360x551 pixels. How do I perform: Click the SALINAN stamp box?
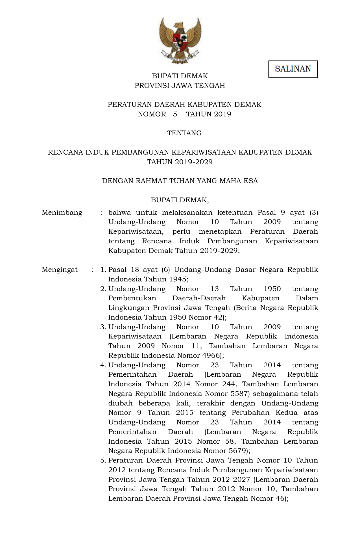click(x=293, y=69)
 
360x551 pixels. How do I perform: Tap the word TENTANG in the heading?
click(x=184, y=133)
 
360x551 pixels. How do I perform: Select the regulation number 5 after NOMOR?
click(x=175, y=114)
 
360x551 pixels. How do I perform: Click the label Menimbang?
click(x=62, y=212)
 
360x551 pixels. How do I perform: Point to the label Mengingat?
click(x=60, y=270)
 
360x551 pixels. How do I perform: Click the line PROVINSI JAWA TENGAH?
click(x=180, y=86)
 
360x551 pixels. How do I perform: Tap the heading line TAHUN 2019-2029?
click(x=180, y=162)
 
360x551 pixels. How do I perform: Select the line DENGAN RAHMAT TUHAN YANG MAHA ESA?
click(x=180, y=181)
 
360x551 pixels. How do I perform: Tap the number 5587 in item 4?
click(x=240, y=394)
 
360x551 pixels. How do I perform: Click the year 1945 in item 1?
click(x=177, y=279)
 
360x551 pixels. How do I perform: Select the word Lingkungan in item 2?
click(x=129, y=308)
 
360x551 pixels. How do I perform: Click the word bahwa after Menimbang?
click(x=119, y=212)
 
